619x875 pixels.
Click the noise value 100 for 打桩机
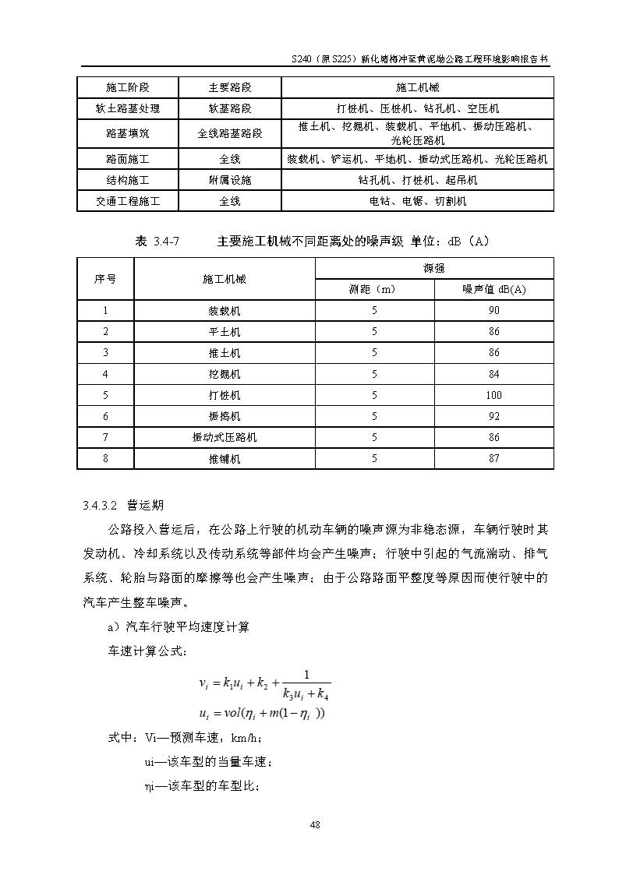[x=493, y=395]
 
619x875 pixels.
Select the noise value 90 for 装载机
[x=493, y=310]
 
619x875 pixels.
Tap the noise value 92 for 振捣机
[x=493, y=416]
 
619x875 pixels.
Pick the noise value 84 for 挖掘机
[x=493, y=374]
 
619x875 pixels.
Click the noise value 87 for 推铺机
[x=493, y=458]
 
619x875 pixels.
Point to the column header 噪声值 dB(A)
[x=493, y=289]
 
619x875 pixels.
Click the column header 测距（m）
[x=373, y=289]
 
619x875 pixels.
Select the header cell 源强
[x=434, y=268]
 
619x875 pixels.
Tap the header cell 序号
[x=105, y=278]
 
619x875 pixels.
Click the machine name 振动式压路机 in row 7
[x=225, y=437]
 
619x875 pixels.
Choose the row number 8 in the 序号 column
[x=105, y=458]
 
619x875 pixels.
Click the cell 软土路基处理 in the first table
[x=128, y=108]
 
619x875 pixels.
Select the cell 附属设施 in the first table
[x=230, y=180]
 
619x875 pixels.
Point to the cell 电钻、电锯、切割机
[x=417, y=201]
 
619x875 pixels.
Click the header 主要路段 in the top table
[x=230, y=87]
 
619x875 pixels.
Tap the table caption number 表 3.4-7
[x=157, y=242]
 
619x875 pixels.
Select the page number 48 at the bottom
[x=315, y=824]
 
